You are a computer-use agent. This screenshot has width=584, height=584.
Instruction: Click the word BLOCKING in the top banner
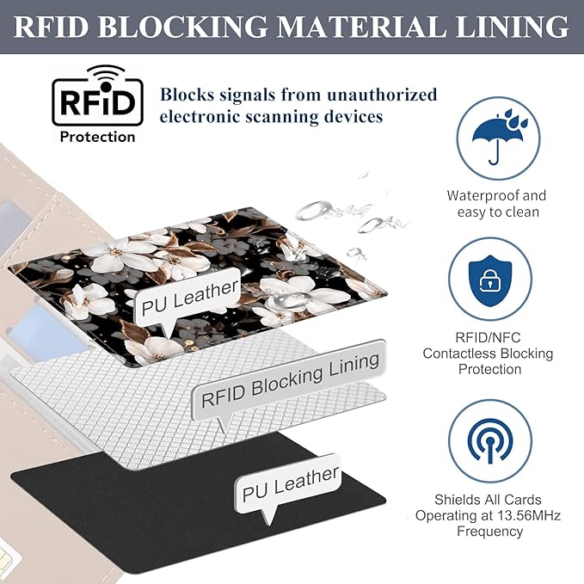coord(185,27)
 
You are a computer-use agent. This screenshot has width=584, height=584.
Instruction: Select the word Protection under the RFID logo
coord(96,136)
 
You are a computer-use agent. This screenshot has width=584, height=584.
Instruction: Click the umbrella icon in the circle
coord(491,137)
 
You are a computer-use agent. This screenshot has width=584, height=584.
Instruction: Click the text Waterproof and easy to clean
coord(496,204)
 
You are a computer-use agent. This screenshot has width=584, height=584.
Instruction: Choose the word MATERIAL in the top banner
coord(353,27)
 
